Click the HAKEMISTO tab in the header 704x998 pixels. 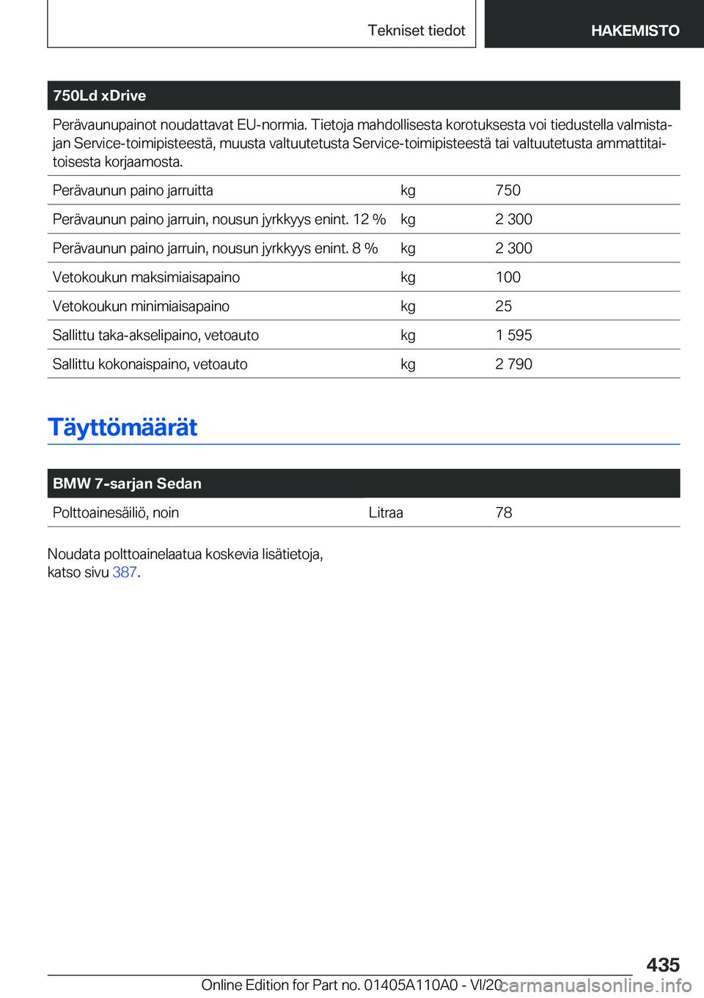tap(634, 31)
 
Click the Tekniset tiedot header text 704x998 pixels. tap(416, 31)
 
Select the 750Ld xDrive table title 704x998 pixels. tap(100, 96)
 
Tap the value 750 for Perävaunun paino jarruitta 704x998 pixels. tap(507, 191)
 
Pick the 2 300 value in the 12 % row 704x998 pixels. tap(513, 219)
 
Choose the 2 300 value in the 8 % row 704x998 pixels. tap(513, 248)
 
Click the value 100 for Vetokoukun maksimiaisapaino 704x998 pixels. tap(507, 277)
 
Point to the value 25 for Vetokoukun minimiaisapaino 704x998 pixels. tap(503, 306)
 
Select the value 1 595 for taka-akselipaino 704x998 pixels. tap(513, 335)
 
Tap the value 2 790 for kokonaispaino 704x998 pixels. tap(513, 364)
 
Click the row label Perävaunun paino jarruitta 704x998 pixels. tap(133, 191)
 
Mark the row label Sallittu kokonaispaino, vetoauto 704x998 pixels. tap(150, 364)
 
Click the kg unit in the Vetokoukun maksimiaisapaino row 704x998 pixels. tap(408, 277)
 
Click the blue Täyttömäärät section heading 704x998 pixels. tap(122, 427)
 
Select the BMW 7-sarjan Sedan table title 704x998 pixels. tap(127, 484)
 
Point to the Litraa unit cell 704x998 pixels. tap(386, 513)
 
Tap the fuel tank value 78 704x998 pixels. tap(503, 513)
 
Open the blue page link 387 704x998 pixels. tap(124, 572)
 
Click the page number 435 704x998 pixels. tap(663, 964)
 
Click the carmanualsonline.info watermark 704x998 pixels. tap(595, 986)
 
